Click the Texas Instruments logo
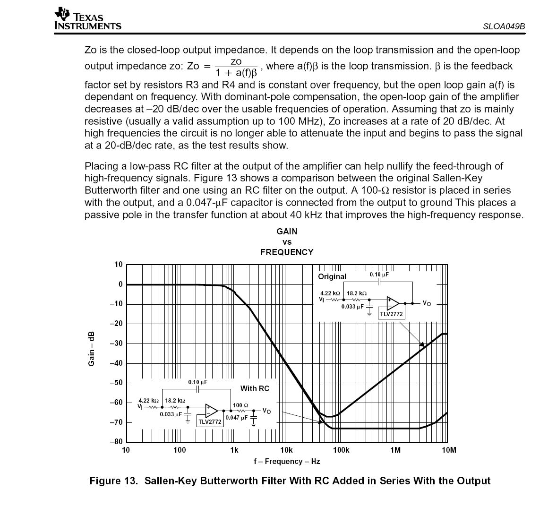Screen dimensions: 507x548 [x=87, y=19]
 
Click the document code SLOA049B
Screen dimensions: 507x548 [x=504, y=26]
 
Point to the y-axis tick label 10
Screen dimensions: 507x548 [x=118, y=264]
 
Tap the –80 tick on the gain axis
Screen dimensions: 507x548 [x=116, y=442]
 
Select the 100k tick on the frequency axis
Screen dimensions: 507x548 [x=341, y=450]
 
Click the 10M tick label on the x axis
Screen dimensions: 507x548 [x=449, y=450]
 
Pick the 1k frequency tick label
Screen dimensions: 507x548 [x=234, y=450]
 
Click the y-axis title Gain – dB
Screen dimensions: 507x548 [x=92, y=349]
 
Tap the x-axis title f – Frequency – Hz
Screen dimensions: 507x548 [x=287, y=462]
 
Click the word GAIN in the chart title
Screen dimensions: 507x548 [x=287, y=232]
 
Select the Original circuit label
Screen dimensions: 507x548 [x=332, y=276]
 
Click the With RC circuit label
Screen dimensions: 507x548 [x=255, y=388]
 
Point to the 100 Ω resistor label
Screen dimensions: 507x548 [x=240, y=405]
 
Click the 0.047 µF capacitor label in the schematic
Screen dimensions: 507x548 [x=236, y=417]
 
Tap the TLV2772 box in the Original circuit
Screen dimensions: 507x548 [x=392, y=314]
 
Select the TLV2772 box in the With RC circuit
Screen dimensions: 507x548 [x=210, y=422]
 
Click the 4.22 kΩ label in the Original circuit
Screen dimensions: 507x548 [x=330, y=293]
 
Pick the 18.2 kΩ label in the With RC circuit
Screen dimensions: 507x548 [x=175, y=400]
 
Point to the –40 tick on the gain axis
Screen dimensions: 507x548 [x=116, y=363]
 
